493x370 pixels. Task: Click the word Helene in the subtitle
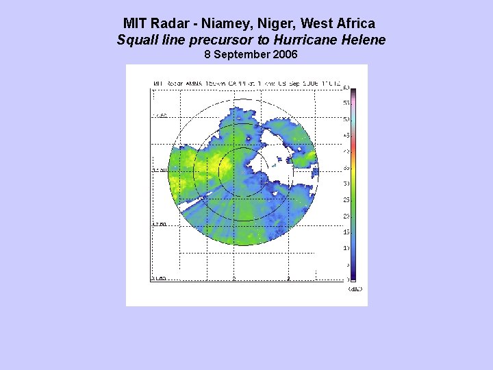pos(364,40)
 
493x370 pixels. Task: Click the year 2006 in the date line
pos(284,54)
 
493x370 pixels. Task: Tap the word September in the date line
pos(242,54)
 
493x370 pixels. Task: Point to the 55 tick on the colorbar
pos(346,103)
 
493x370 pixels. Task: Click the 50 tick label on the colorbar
pos(346,119)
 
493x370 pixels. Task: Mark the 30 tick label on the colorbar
pos(346,184)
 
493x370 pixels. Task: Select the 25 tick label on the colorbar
pos(346,200)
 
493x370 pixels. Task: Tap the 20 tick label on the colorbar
pos(346,216)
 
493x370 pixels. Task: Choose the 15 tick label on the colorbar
pos(346,232)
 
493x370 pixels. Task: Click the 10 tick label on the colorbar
pos(346,248)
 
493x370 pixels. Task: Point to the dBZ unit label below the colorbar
pos(355,289)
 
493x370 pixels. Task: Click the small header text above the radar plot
pos(246,84)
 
